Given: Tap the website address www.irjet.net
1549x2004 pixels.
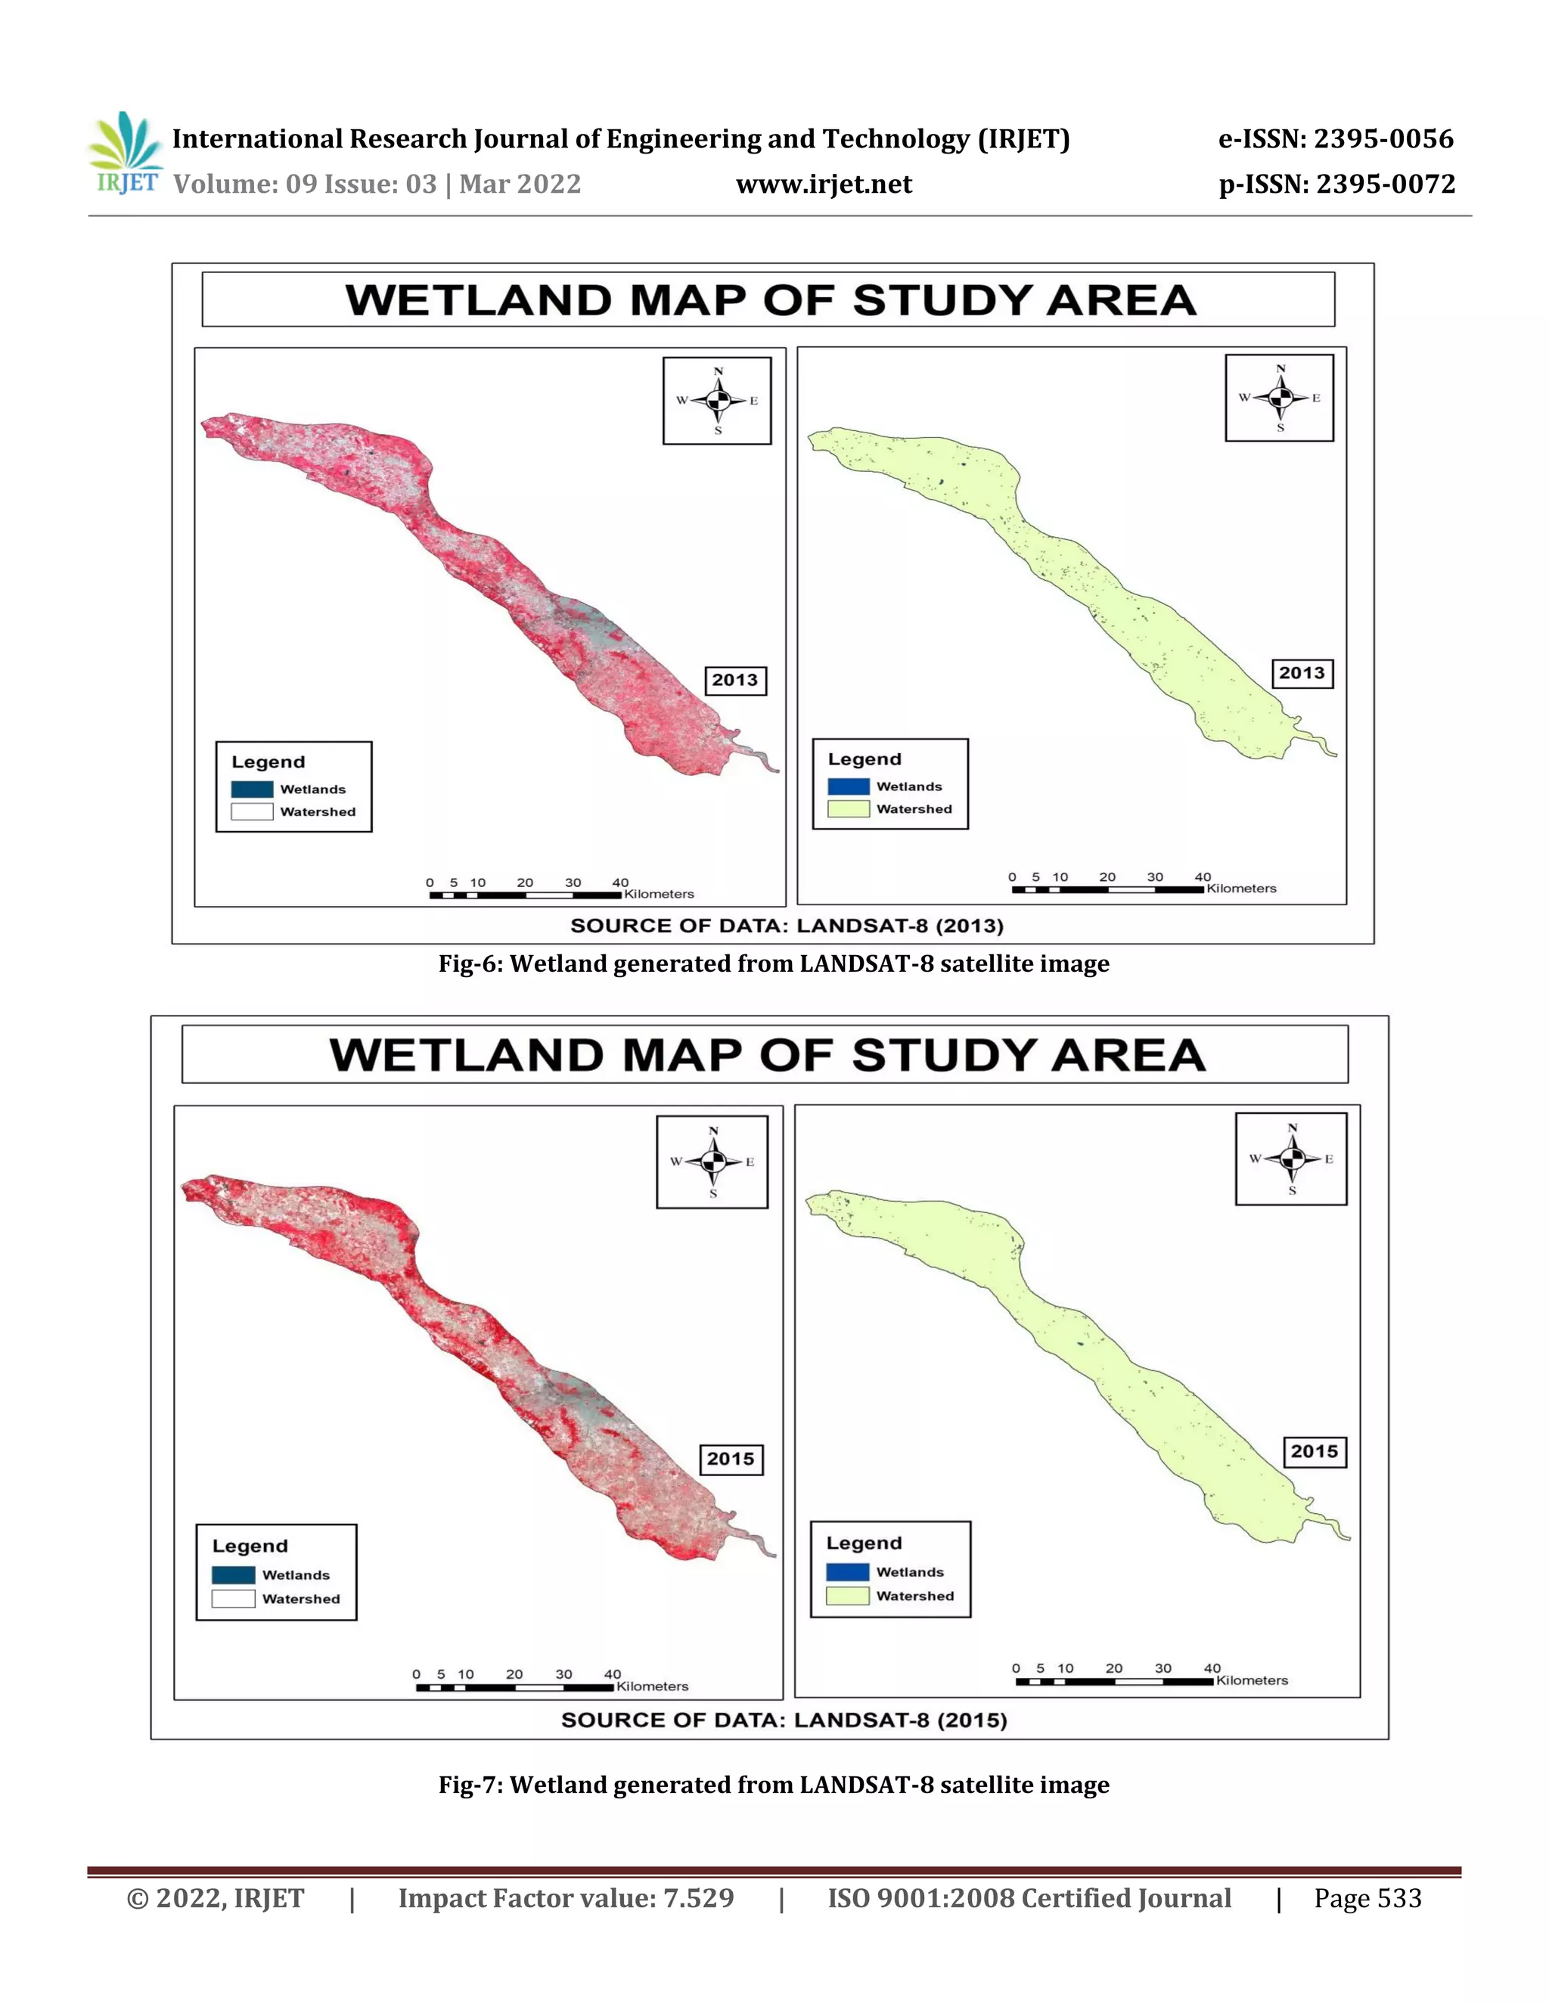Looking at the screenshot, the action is pyautogui.click(x=823, y=185).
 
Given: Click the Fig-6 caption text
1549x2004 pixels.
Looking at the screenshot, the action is pyautogui.click(x=774, y=963).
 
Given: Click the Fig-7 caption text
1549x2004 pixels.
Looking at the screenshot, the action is pyautogui.click(x=774, y=1785).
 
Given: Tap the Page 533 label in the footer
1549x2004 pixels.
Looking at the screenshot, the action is pyautogui.click(x=1367, y=1898).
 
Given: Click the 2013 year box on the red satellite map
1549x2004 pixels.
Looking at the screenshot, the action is pyautogui.click(x=735, y=680).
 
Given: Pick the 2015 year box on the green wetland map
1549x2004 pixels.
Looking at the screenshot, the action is pyautogui.click(x=1314, y=1452).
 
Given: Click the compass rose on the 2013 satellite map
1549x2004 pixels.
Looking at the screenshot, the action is pyautogui.click(x=718, y=401).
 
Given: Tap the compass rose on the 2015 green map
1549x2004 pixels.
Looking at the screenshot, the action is pyautogui.click(x=1291, y=1159).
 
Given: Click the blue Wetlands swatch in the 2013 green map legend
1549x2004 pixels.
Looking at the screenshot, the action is pyautogui.click(x=848, y=786).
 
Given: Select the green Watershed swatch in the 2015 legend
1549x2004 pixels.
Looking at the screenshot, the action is pyautogui.click(x=848, y=1596).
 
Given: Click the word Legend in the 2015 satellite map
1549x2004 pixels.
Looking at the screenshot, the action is pyautogui.click(x=250, y=1546).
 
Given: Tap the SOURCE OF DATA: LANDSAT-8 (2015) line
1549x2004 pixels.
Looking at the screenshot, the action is pyautogui.click(x=784, y=1720).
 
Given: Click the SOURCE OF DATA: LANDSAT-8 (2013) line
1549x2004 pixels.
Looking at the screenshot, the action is pyautogui.click(x=787, y=926).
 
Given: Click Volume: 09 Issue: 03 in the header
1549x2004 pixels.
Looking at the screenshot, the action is pyautogui.click(x=305, y=185).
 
